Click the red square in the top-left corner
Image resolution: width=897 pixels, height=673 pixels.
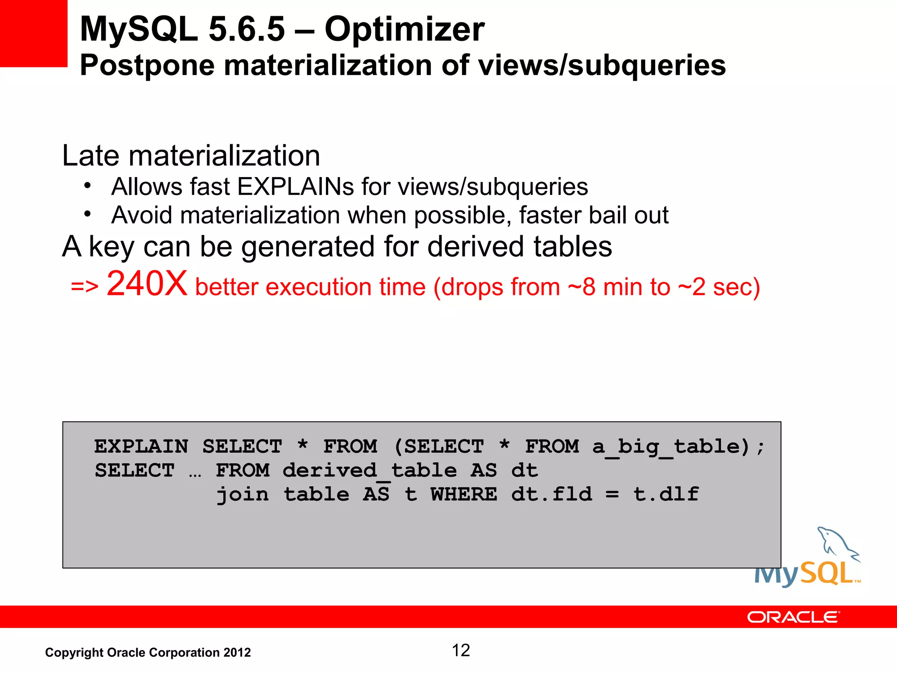pos(33,33)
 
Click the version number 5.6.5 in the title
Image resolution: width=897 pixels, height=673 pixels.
pos(247,29)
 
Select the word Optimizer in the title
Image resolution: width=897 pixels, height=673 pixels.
pos(404,29)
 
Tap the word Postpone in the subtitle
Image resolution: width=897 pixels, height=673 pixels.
pos(147,66)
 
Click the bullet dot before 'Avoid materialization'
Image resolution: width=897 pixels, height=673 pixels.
pos(88,214)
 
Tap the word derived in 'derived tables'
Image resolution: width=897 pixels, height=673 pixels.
pos(476,246)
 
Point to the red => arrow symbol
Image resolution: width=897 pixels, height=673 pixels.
pos(85,287)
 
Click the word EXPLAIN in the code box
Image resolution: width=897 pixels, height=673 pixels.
pos(141,446)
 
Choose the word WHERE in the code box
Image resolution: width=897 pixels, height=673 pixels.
pos(464,495)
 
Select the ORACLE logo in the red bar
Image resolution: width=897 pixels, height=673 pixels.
pos(793,617)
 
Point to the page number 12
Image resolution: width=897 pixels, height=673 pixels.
pos(461,651)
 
